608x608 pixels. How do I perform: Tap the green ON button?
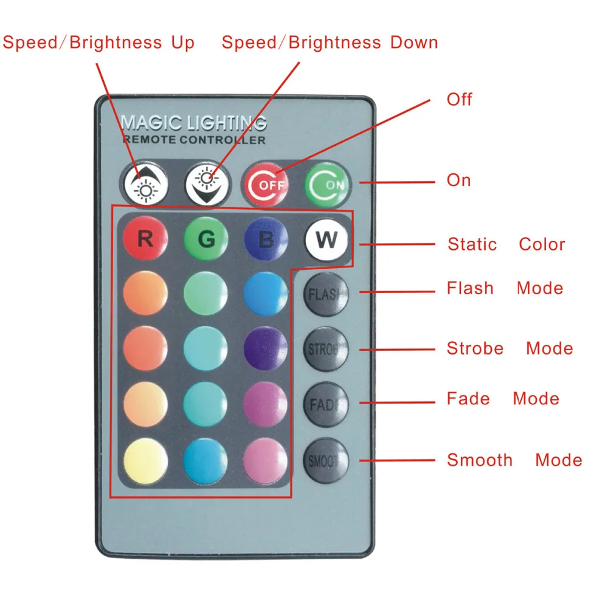coord(327,182)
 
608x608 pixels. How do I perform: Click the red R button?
coord(145,239)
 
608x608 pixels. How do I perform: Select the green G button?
coord(206,239)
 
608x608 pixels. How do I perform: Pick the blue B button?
coord(266,240)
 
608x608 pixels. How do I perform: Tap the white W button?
coord(326,240)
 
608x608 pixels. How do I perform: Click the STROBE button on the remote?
coord(326,350)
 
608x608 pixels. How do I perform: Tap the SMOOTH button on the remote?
coord(326,460)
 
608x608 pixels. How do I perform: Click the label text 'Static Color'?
coord(506,244)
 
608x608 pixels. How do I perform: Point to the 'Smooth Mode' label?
coord(514,460)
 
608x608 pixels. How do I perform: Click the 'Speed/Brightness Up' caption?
coord(98,43)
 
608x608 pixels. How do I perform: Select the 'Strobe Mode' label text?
coord(510,348)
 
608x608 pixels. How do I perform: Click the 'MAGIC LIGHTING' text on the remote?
coord(194,123)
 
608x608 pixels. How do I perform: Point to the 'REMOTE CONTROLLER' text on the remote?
coord(194,140)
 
